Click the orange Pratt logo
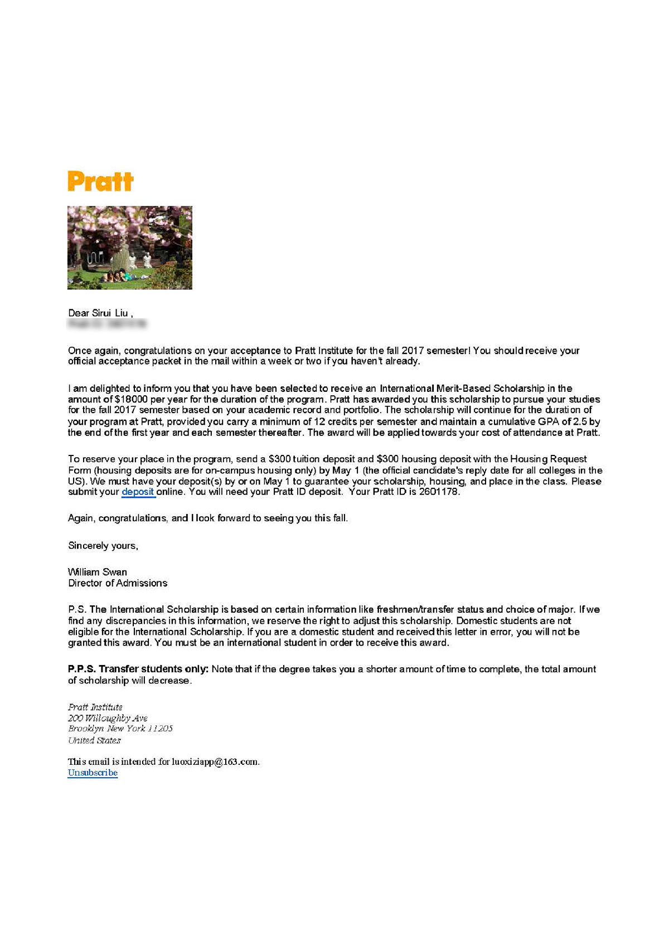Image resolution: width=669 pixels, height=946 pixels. coord(100,182)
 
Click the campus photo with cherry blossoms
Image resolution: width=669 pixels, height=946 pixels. coord(130,248)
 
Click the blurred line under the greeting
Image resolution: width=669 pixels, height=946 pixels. coord(107,323)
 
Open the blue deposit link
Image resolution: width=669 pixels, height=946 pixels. coord(138,492)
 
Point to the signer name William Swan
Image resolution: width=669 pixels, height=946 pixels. coord(98,572)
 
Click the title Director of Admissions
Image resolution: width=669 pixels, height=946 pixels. coord(118,583)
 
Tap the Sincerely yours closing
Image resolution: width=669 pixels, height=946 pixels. coord(103,546)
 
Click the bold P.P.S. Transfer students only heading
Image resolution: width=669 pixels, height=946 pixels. coord(138,669)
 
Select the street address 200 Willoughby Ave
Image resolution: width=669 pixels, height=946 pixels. coord(108,718)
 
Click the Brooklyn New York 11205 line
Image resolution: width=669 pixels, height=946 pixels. coord(120,729)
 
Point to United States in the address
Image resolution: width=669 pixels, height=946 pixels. coord(94,740)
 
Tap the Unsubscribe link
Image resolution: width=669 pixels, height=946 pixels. coord(93,773)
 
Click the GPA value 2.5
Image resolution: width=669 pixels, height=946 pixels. coord(580,422)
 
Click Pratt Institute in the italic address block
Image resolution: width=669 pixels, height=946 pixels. coord(95,707)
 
